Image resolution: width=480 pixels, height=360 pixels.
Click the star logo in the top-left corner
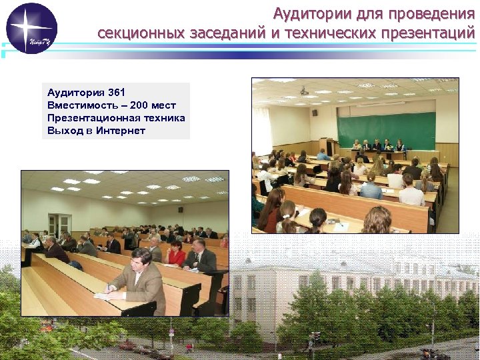(31, 28)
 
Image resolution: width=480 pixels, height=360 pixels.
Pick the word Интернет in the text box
(120, 131)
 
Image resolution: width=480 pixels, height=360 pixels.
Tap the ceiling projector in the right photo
(304, 90)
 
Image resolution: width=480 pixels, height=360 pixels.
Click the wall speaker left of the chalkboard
(315, 112)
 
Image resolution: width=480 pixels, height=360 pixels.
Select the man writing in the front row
(137, 280)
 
